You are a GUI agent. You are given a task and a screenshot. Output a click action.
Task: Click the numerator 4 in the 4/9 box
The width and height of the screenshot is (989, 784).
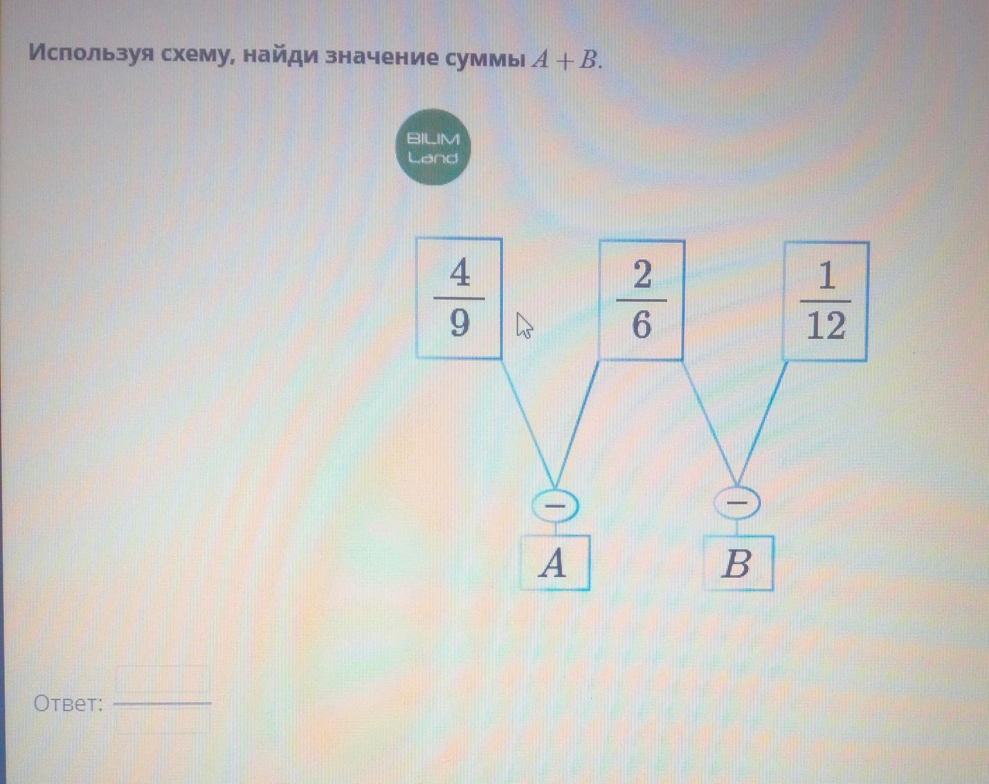click(x=460, y=274)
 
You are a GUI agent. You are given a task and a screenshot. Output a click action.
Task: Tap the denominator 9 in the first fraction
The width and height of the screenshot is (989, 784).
click(x=460, y=322)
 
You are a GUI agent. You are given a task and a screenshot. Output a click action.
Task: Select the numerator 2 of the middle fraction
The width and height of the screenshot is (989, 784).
click(x=642, y=275)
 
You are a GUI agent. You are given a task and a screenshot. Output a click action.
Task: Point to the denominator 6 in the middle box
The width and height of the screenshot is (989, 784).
click(x=642, y=324)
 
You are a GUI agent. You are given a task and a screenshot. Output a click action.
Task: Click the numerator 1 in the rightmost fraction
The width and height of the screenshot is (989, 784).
click(x=826, y=277)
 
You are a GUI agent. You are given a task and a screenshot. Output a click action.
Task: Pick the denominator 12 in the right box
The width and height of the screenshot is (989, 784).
click(x=826, y=325)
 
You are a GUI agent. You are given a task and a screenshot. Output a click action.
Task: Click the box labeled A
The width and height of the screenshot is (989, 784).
click(x=554, y=563)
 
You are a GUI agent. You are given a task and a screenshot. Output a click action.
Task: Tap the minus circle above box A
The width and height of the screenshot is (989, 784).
click(x=554, y=506)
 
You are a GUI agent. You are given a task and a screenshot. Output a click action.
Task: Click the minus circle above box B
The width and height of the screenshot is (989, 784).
click(x=738, y=503)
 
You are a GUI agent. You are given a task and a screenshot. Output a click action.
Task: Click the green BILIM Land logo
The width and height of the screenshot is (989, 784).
click(x=433, y=147)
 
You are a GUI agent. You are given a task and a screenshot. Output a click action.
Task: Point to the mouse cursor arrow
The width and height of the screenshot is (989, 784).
click(x=524, y=325)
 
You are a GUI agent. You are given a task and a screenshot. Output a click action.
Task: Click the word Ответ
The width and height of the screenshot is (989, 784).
click(x=68, y=704)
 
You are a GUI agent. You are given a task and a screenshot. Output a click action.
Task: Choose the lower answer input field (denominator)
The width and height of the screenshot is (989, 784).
click(x=162, y=721)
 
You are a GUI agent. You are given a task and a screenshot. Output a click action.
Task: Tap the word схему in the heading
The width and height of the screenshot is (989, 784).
click(x=196, y=55)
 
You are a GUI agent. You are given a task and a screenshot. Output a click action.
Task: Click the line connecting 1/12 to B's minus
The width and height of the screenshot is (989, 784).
click(x=763, y=422)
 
